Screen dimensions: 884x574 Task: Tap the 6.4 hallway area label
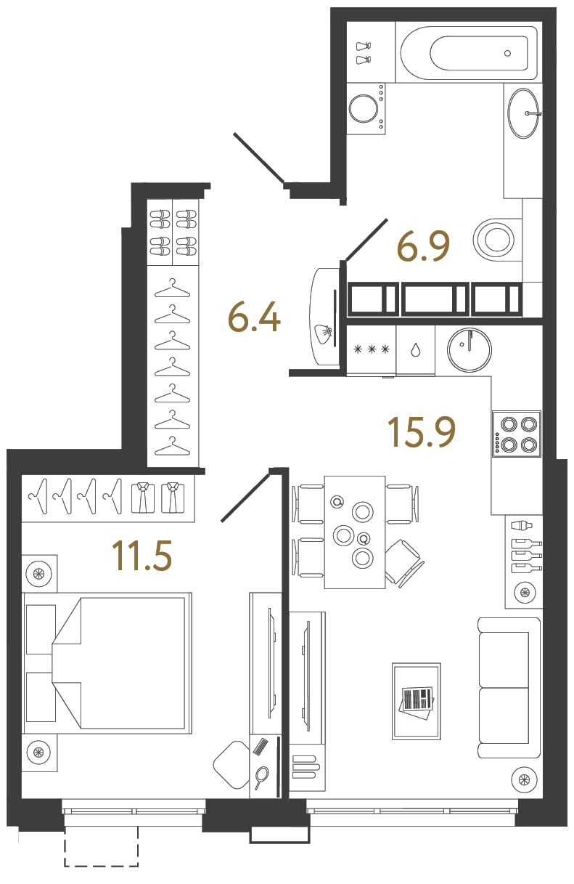pos(254,317)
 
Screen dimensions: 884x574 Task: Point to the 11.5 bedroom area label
pos(142,556)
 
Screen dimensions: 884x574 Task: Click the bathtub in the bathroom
pos(470,53)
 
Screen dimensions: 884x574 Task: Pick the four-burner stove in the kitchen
pos(517,433)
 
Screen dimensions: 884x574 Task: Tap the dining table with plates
pos(354,532)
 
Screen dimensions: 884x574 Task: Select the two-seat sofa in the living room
pos(509,687)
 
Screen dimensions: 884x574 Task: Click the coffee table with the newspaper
pos(416,700)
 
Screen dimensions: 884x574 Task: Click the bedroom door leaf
pos(245,497)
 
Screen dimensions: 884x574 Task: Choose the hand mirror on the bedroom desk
pos(261,777)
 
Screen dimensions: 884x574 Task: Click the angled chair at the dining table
pos(403,562)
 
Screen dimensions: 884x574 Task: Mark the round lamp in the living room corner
pos(522,781)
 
